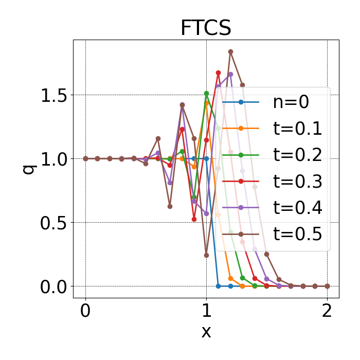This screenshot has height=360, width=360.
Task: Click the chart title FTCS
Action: coord(206,28)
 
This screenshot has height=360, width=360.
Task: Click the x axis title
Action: coord(206,332)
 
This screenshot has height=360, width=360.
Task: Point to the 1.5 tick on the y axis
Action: coord(53,95)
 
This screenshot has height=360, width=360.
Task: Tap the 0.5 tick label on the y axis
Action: coord(53,223)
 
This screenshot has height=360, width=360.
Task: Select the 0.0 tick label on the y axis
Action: coord(53,286)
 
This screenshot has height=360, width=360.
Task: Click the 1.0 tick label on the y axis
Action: coord(53,159)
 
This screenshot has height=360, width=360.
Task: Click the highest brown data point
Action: coord(230,51)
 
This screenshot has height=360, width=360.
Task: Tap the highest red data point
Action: coord(218,73)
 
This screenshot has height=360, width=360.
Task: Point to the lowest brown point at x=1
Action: coord(206,255)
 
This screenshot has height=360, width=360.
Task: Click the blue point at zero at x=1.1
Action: coord(218,286)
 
